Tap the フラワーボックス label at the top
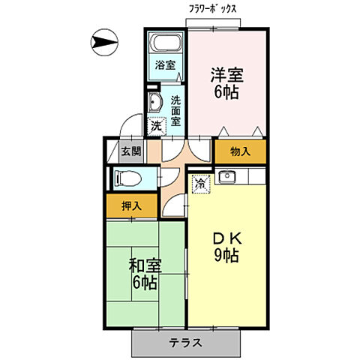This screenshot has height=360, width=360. pyautogui.click(x=214, y=9)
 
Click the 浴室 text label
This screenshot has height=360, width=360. pyautogui.click(x=165, y=64)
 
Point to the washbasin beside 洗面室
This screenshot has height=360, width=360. pyautogui.click(x=155, y=103)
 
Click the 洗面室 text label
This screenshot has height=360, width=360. pyautogui.click(x=175, y=109)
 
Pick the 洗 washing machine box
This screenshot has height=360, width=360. pyautogui.click(x=156, y=126)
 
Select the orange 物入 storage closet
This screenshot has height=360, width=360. pyautogui.click(x=240, y=151)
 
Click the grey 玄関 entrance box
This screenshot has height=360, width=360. pyautogui.click(x=130, y=151)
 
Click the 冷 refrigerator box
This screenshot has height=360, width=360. pyautogui.click(x=201, y=182)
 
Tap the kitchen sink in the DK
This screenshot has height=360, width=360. pyautogui.click(x=228, y=177)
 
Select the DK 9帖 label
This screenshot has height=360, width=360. pyautogui.click(x=224, y=247)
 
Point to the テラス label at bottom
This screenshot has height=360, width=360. pyautogui.click(x=185, y=343)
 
